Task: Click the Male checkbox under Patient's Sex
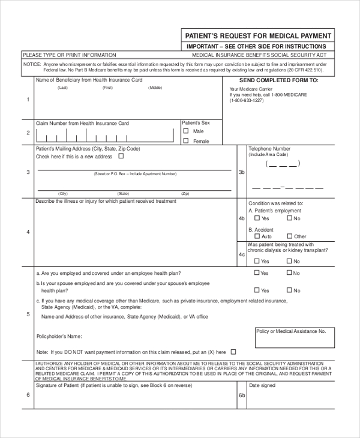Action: click(186, 131)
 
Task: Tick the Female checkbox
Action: click(186, 141)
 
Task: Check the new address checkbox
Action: click(121, 156)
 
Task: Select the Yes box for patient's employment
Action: click(257, 219)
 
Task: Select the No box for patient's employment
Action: click(289, 219)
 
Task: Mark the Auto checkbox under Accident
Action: click(257, 236)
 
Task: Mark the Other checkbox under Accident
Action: click(289, 236)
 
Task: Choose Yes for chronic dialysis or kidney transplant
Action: click(257, 261)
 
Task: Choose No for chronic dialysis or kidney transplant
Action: click(289, 261)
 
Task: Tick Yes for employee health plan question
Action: click(257, 273)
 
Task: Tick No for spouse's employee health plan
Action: click(289, 290)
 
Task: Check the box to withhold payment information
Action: click(233, 352)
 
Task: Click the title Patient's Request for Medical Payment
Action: click(257, 35)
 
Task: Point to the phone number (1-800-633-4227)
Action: click(246, 101)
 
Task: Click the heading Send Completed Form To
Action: click(278, 80)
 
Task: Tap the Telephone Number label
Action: click(269, 148)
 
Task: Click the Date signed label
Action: click(262, 385)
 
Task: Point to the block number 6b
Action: click(242, 395)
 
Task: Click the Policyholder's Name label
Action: click(59, 337)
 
